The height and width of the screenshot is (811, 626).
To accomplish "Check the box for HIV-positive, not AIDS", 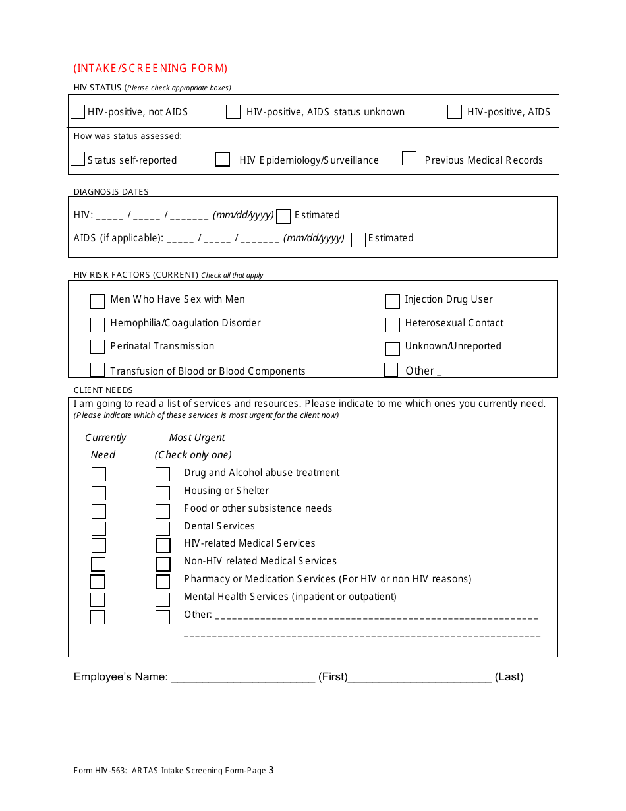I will (x=78, y=112).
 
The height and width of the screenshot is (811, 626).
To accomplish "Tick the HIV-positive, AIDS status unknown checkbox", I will (x=233, y=112).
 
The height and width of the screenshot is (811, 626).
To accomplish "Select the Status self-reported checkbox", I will (x=78, y=160).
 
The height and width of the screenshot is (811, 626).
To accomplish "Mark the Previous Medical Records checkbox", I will (x=409, y=159).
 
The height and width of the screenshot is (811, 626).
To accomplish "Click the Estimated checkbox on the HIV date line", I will (x=283, y=216).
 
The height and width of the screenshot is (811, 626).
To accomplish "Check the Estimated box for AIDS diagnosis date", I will (x=358, y=239).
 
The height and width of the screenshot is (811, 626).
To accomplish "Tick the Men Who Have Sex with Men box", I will (x=98, y=301).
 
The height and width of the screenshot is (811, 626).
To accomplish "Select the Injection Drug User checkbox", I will (x=393, y=301).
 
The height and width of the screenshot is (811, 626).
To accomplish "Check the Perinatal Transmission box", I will (x=98, y=347).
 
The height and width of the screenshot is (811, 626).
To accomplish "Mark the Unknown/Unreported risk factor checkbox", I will (x=393, y=348).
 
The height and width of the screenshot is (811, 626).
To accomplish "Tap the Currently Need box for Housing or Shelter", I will (x=98, y=493).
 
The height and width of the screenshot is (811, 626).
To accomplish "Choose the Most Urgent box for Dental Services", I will (x=163, y=528).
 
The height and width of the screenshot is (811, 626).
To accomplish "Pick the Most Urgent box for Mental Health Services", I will (x=163, y=599).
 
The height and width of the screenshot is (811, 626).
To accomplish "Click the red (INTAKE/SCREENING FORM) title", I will (x=151, y=68).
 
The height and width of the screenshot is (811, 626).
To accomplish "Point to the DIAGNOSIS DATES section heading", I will (x=111, y=192).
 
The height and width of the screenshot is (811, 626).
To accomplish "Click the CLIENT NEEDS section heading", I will (x=103, y=390).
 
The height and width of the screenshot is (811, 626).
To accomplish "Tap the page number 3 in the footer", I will (x=271, y=770).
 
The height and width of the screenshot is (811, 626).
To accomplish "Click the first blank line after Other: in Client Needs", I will (x=376, y=617).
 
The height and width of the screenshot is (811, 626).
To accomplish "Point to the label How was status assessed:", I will (x=128, y=136).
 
